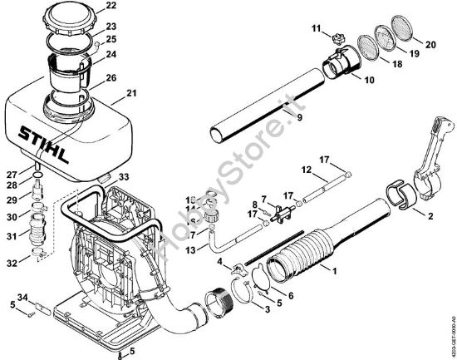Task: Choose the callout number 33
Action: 124,177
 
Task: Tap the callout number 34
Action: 22,298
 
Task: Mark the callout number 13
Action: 191,249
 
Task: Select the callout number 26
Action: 111,79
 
